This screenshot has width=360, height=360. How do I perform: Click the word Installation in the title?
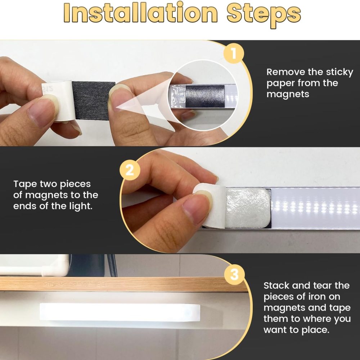pyautogui.click(x=140, y=13)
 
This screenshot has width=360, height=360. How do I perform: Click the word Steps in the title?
pyautogui.click(x=264, y=15)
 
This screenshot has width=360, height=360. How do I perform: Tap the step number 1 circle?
pyautogui.click(x=234, y=54)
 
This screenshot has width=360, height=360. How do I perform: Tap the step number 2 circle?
pyautogui.click(x=130, y=170)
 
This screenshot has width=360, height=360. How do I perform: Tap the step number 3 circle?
pyautogui.click(x=234, y=274)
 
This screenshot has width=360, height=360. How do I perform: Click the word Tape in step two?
pyautogui.click(x=25, y=184)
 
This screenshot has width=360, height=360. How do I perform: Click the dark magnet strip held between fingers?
pyautogui.click(x=94, y=100)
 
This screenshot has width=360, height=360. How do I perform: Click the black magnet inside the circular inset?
pyautogui.click(x=205, y=96)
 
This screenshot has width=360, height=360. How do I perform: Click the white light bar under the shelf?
pyautogui.click(x=120, y=312)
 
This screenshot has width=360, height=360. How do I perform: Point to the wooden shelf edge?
pyautogui.click(x=123, y=284)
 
